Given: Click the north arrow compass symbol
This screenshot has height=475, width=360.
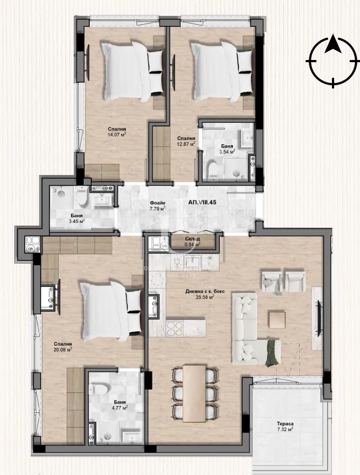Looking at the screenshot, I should pos(331,61).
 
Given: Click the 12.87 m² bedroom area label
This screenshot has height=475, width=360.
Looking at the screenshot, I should pos(186,141).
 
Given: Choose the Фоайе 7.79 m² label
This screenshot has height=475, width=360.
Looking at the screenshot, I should pos(159,206).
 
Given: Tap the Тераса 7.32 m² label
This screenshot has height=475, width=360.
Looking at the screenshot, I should pos(285,426).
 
